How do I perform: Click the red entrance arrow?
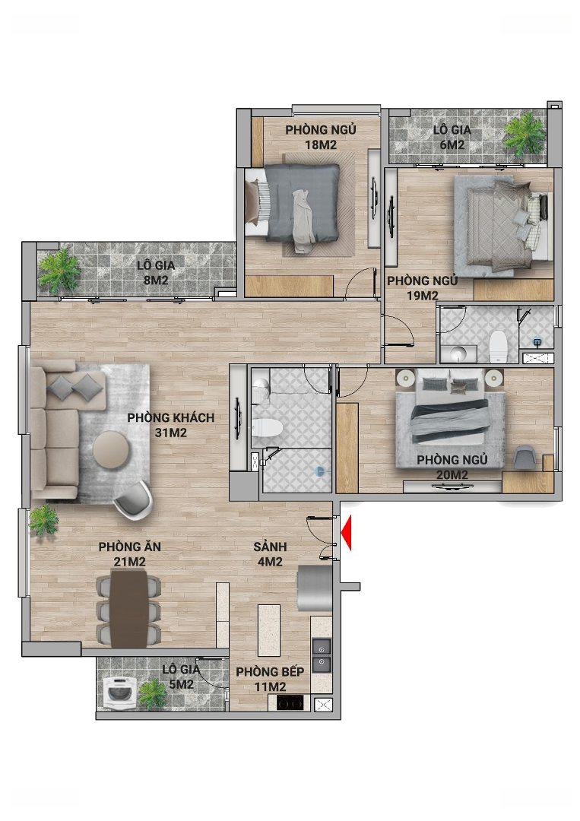click(x=346, y=533)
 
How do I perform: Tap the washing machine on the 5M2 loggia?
click(x=120, y=693)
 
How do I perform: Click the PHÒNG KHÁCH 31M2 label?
click(x=171, y=425)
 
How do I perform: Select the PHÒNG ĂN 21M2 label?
click(x=130, y=554)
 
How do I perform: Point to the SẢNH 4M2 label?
click(x=270, y=554)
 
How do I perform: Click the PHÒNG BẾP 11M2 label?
click(x=270, y=679)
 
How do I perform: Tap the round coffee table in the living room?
click(x=112, y=449)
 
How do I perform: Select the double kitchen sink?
click(x=322, y=655)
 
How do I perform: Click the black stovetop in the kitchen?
click(x=290, y=702)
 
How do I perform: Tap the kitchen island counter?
click(x=269, y=630)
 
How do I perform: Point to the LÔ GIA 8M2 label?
click(x=156, y=273)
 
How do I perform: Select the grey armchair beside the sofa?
click(x=133, y=500)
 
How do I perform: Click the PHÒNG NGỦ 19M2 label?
click(x=423, y=288)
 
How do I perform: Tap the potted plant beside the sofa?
click(x=43, y=521)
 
